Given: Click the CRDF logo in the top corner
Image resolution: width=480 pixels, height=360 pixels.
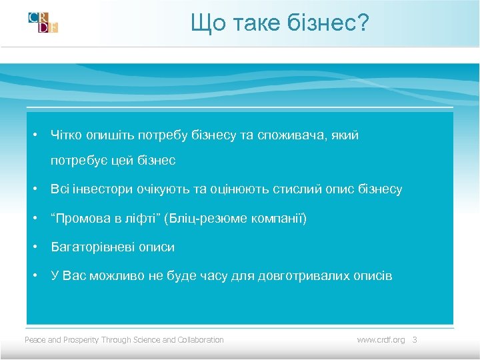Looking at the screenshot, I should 43,22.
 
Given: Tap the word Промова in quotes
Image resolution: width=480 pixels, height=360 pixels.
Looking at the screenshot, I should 80,219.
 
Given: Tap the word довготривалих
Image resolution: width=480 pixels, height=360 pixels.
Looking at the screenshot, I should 300,276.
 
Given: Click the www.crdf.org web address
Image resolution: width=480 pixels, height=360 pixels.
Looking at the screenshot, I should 381,340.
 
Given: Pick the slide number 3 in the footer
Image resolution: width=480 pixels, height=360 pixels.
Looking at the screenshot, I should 414,340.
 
